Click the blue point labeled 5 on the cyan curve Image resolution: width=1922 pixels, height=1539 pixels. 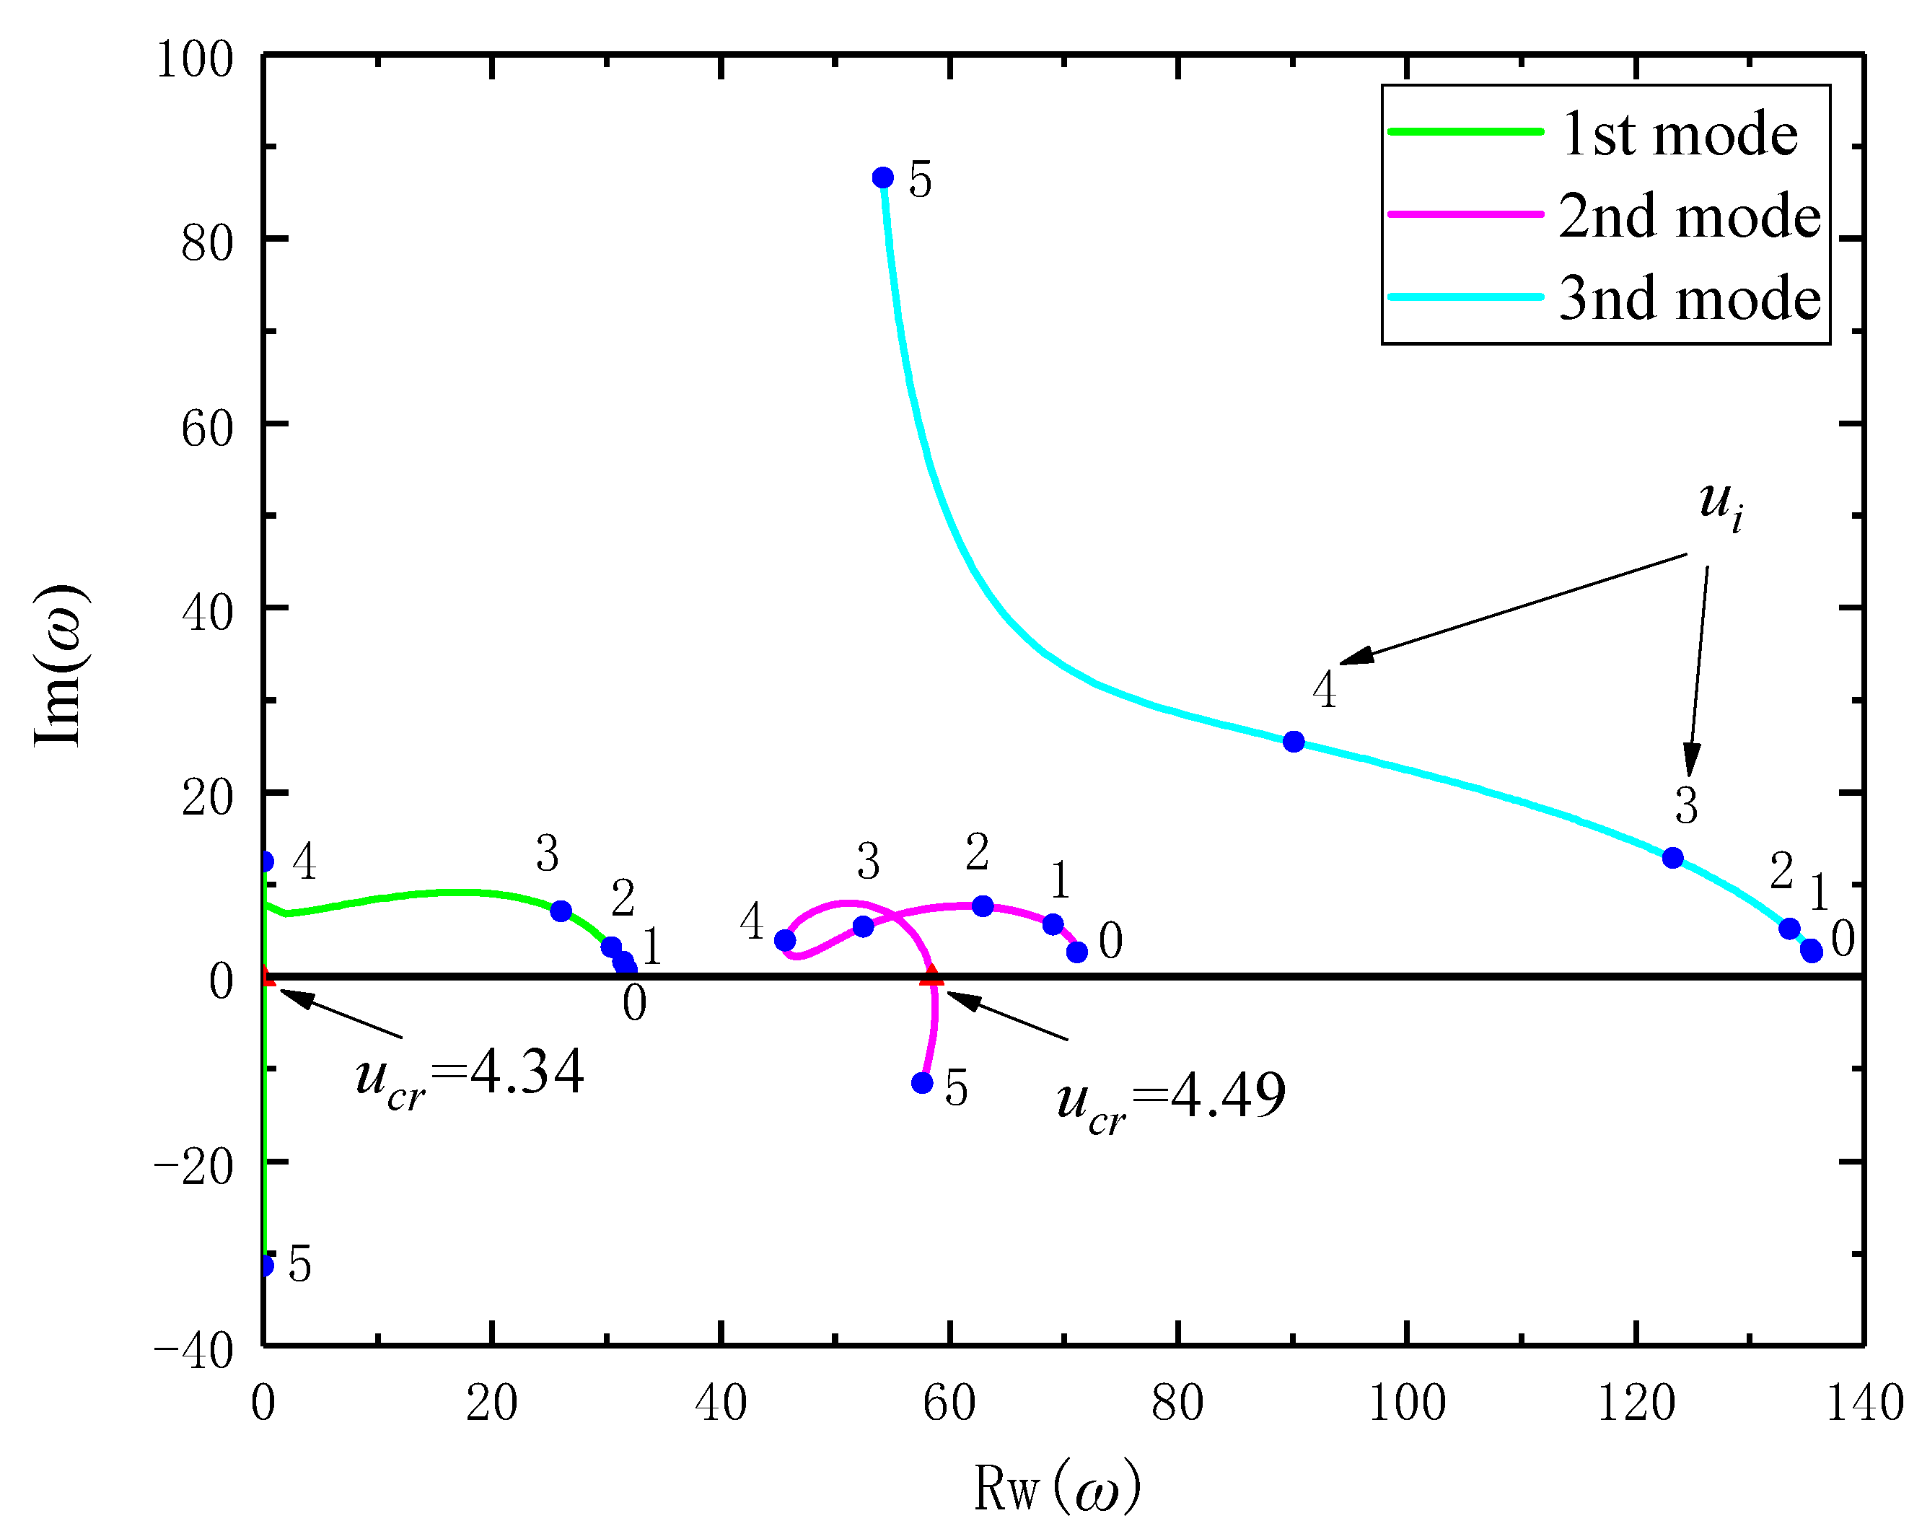pyautogui.click(x=882, y=177)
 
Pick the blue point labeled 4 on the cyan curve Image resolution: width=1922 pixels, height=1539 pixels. pyautogui.click(x=1294, y=742)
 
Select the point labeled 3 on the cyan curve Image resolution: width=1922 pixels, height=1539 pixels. pyautogui.click(x=1673, y=858)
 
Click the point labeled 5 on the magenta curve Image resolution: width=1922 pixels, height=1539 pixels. pyautogui.click(x=922, y=1082)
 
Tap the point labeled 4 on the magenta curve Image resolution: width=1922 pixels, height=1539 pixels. pyautogui.click(x=784, y=940)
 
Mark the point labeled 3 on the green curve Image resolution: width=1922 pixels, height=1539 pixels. pyautogui.click(x=561, y=911)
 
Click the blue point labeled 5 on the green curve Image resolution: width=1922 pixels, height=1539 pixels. pyautogui.click(x=265, y=1264)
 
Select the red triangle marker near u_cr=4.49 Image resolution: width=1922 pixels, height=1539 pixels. pyautogui.click(x=931, y=975)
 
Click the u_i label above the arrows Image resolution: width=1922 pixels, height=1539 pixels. pyautogui.click(x=1720, y=504)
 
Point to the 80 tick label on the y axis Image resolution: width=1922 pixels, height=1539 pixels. pyautogui.click(x=207, y=243)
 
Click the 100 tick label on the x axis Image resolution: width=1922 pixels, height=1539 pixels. pyautogui.click(x=1407, y=1404)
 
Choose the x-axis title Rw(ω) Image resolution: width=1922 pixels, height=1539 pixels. pyautogui.click(x=1056, y=1487)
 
